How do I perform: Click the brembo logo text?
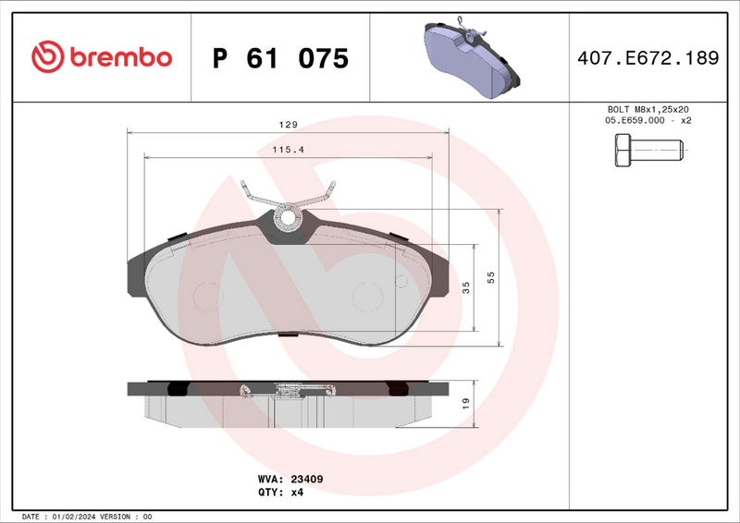click(118, 57)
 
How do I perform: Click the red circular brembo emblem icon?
click(46, 57)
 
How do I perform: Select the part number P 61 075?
click(280, 58)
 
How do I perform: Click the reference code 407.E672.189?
click(647, 58)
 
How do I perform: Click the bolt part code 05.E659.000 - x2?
click(647, 121)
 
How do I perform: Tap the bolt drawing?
click(647, 150)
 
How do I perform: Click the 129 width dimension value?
click(289, 125)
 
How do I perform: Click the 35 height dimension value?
click(466, 286)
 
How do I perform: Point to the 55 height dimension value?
click(491, 277)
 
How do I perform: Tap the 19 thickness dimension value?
click(466, 403)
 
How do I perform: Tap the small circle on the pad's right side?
click(401, 282)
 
